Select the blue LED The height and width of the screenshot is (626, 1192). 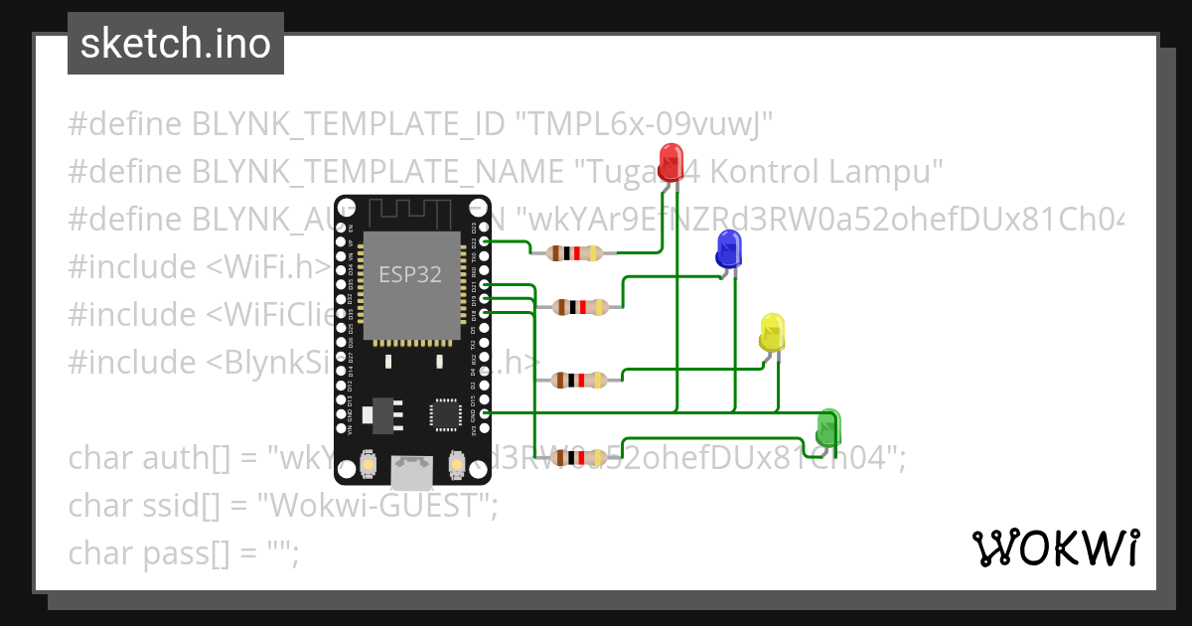(729, 247)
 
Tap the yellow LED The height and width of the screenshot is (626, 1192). (772, 331)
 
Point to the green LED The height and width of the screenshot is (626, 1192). (828, 428)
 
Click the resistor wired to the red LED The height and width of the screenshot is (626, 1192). (566, 252)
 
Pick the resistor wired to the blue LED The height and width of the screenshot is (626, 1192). (581, 307)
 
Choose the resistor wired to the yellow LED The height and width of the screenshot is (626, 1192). (581, 380)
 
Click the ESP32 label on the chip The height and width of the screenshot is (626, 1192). (410, 274)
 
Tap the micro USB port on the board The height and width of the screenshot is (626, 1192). (412, 471)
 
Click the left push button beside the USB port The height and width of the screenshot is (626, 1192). (369, 464)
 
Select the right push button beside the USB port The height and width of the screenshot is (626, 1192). (458, 464)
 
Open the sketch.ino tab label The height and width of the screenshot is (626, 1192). (176, 44)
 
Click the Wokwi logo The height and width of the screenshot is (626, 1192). (1055, 548)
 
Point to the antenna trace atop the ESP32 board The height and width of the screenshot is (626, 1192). (411, 213)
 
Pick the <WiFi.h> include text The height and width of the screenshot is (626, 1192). (268, 267)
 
